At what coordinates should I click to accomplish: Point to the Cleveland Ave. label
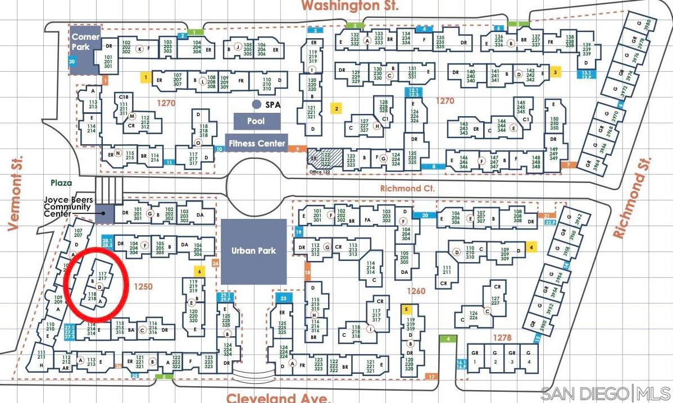(x=277, y=397)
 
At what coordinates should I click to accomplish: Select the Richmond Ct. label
(x=408, y=189)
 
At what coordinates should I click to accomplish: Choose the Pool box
(x=256, y=121)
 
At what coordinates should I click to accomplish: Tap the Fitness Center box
(x=256, y=143)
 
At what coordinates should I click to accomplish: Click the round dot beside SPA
(x=256, y=104)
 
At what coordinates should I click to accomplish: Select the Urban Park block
(x=254, y=251)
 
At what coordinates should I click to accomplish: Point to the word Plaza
(x=61, y=183)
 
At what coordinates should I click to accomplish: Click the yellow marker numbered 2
(x=336, y=109)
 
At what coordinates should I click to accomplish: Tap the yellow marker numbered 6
(x=200, y=271)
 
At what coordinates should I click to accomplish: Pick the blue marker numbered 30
(x=71, y=62)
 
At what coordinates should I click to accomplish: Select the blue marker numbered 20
(x=425, y=215)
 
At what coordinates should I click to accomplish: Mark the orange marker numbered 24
(x=216, y=263)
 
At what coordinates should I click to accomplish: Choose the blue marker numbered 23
(x=284, y=299)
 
